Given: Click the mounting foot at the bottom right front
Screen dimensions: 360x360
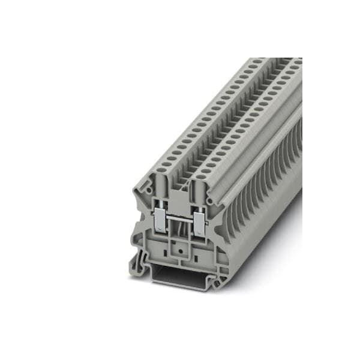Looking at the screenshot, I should tap(223, 277).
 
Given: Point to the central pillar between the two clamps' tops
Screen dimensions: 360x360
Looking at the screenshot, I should tap(180, 195).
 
